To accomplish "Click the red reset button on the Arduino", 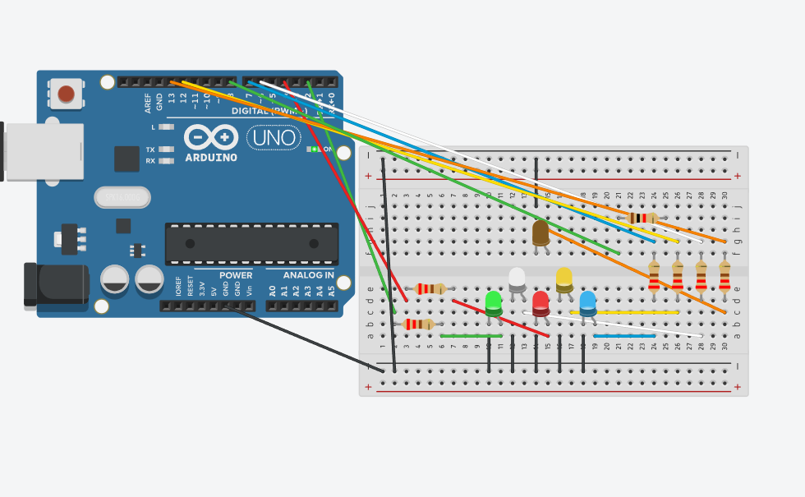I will pos(66,94).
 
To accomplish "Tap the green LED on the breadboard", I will pos(493,301).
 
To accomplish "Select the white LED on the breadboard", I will pos(517,278).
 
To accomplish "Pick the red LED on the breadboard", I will pos(540,301).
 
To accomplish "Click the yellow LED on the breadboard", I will pos(564,278).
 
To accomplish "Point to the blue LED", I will pos(588,301).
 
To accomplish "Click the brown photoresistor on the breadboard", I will pos(540,232).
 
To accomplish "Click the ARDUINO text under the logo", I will pos(211,158).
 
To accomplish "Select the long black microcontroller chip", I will pos(251,243).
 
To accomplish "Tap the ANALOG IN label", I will pos(308,275).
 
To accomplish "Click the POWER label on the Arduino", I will pos(236,275).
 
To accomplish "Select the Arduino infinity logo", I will pos(211,136).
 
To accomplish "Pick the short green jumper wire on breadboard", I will pos(471,336).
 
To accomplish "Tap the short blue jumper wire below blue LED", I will pos(624,336).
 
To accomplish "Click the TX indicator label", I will pos(150,150).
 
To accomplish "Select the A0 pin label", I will pos(273,290).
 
